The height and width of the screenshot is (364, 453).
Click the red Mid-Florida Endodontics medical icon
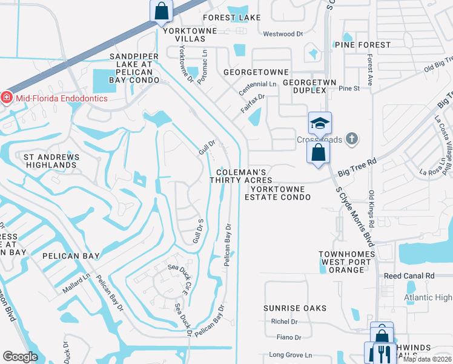(7, 98)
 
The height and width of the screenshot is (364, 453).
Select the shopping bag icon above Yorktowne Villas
(161, 10)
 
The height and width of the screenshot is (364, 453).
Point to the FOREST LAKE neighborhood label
(232, 18)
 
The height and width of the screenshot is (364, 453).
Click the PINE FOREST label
(363, 45)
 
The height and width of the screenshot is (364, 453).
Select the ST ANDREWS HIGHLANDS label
(51, 161)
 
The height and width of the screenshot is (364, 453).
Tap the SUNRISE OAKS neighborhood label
(295, 308)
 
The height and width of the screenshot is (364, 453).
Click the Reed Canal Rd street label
(409, 275)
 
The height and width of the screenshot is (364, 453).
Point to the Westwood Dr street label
(283, 34)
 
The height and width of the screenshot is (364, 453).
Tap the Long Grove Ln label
(290, 354)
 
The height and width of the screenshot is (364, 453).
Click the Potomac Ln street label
(204, 62)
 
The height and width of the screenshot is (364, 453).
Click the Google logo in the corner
(21, 357)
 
